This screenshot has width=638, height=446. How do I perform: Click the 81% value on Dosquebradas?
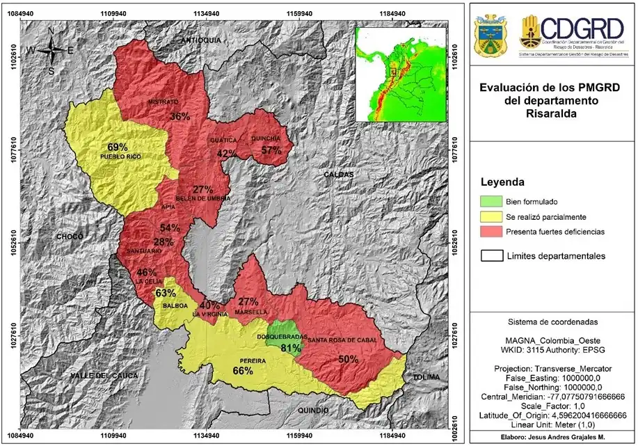[x=291, y=348]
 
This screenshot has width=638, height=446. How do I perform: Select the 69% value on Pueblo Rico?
[x=118, y=147]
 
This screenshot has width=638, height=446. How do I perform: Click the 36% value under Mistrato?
[x=180, y=116]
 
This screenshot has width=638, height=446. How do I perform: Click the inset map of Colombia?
[x=400, y=71]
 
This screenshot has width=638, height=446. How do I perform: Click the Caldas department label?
[x=338, y=174]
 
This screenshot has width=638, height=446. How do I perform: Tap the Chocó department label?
[x=70, y=237]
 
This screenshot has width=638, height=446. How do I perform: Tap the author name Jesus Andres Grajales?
[x=552, y=438]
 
